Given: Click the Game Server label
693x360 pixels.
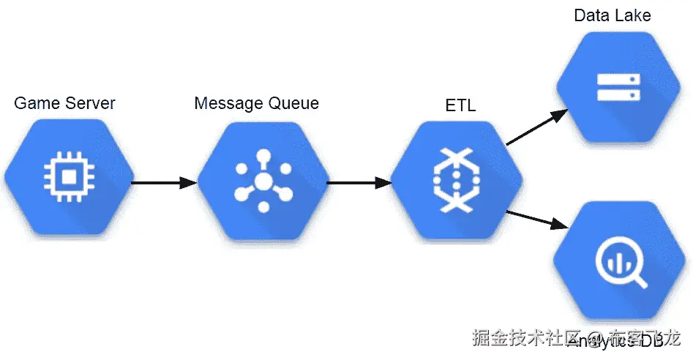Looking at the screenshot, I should [65, 103].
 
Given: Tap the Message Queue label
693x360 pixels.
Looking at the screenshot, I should [256, 103].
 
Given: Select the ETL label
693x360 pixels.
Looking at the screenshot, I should [460, 105].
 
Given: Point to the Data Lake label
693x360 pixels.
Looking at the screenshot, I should [612, 15].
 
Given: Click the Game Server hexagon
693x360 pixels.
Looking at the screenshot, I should [68, 179].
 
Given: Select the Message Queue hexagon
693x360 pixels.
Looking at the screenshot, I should [262, 179].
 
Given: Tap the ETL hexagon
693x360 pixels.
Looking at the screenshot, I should [456, 179].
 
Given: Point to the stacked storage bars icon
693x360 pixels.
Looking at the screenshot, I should [618, 86].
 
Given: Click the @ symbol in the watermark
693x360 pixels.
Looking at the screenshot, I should [595, 339].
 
